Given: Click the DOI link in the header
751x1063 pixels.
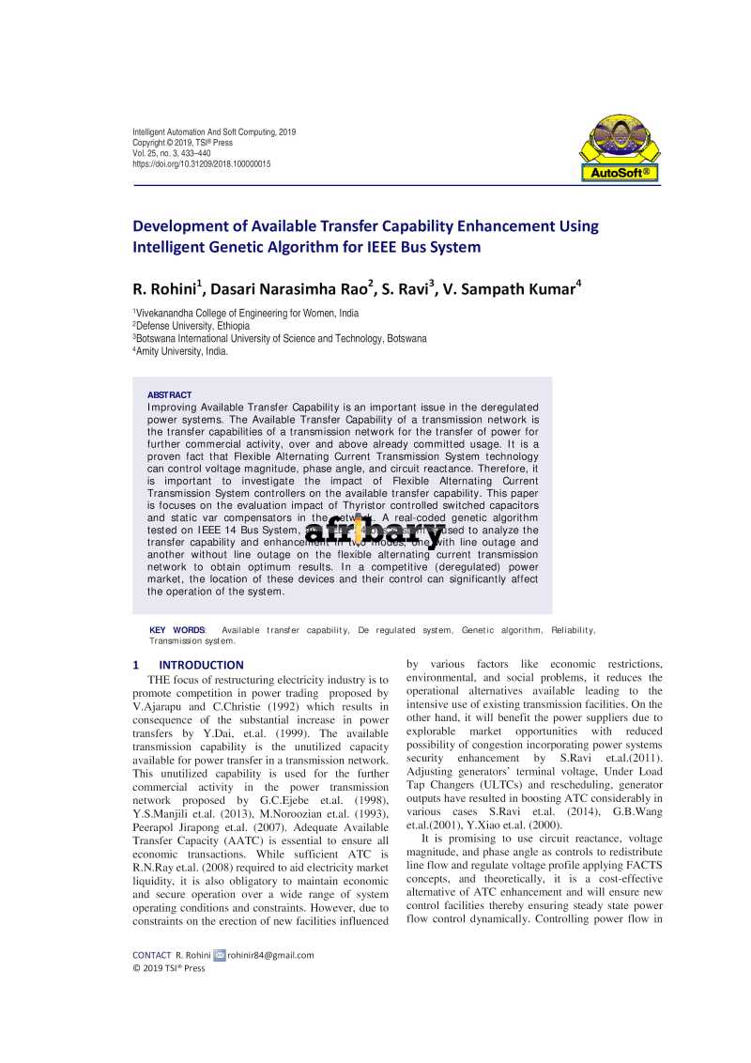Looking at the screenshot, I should tap(202, 163).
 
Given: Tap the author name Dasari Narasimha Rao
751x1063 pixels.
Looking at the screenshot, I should tap(295, 288).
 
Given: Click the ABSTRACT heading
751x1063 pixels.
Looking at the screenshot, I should tap(169, 395).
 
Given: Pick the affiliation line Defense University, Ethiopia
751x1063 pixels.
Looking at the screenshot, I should tap(192, 326).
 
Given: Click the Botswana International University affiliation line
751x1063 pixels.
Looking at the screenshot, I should tap(280, 338).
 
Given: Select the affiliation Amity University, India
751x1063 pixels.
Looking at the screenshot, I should tap(181, 350).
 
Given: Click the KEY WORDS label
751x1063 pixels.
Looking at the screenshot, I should tap(177, 630).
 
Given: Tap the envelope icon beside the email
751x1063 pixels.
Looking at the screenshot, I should tap(219, 955).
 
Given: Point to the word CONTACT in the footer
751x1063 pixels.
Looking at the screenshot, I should tap(151, 955).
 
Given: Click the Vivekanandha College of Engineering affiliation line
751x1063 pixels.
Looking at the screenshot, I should tap(246, 314).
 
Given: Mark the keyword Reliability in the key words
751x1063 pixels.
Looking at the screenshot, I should tap(572, 630).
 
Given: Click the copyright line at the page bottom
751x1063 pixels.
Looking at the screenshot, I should tap(169, 968).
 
